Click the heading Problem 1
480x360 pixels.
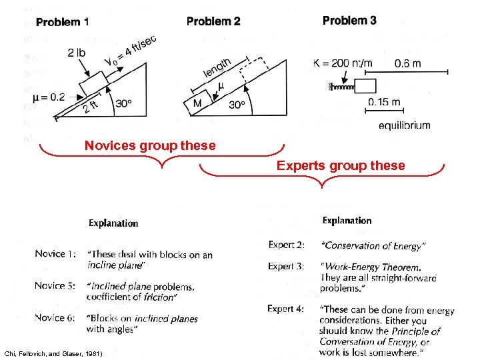(x=62, y=22)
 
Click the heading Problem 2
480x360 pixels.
(x=213, y=21)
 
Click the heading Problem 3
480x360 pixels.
(x=349, y=21)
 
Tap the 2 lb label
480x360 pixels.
(x=77, y=53)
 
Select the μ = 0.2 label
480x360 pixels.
(x=49, y=97)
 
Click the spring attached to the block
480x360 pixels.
(x=342, y=86)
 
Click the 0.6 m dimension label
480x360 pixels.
(x=407, y=64)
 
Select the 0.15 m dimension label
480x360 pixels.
(x=384, y=102)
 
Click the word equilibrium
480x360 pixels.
(x=404, y=125)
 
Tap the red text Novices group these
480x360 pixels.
(x=150, y=145)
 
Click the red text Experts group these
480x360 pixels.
(x=341, y=165)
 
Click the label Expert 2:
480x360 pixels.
(x=286, y=245)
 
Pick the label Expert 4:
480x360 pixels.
(x=286, y=309)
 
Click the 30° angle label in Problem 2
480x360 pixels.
(x=238, y=105)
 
